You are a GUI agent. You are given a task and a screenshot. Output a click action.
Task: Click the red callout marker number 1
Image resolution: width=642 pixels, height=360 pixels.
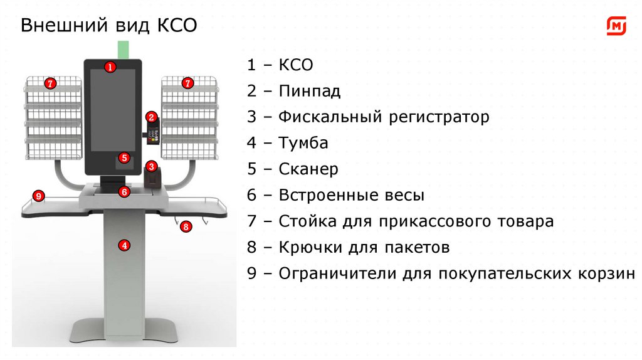click(110, 66)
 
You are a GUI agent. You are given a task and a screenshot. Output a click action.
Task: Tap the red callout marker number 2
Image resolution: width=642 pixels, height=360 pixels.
click(151, 117)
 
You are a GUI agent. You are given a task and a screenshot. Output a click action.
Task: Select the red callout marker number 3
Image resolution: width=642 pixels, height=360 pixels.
click(151, 166)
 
